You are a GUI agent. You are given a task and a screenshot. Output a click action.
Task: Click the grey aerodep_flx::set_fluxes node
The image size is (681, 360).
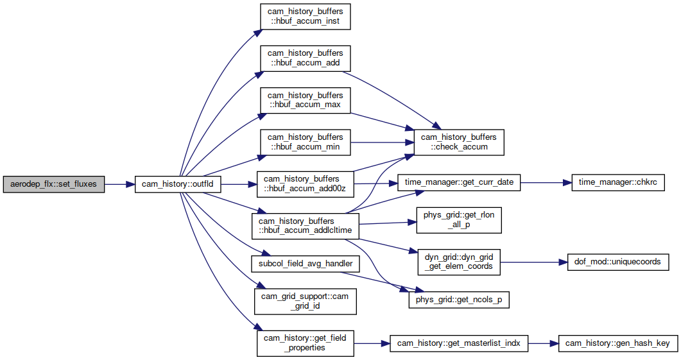(54, 185)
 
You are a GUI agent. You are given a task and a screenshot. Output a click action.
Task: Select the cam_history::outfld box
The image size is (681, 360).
(178, 185)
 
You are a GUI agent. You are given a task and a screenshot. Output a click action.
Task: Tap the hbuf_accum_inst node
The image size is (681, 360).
(306, 17)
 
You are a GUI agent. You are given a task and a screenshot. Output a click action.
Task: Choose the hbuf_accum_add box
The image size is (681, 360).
(306, 58)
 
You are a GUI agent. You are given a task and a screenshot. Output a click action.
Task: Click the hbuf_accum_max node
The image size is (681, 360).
(306, 100)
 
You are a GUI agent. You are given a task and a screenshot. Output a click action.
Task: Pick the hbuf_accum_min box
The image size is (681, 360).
(306, 142)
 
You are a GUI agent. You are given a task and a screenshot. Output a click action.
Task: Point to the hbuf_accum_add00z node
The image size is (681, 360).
(306, 184)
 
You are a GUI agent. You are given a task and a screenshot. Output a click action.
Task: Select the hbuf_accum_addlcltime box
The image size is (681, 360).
(306, 226)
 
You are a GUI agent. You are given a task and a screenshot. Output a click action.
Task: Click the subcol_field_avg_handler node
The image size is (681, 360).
(306, 264)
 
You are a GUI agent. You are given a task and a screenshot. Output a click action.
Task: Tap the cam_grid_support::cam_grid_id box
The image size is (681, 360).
(306, 302)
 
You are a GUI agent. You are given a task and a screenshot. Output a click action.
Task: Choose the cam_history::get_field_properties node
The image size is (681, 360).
(306, 343)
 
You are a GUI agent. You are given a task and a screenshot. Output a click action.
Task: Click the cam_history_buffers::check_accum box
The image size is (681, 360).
(459, 142)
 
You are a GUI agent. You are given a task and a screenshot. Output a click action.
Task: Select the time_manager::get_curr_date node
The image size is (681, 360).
(459, 182)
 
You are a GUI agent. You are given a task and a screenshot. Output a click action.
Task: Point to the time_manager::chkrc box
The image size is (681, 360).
(618, 182)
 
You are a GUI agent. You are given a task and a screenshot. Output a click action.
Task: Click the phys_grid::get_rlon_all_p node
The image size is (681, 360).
(459, 220)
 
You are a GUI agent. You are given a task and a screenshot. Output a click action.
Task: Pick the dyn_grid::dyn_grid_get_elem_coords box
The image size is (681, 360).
(459, 262)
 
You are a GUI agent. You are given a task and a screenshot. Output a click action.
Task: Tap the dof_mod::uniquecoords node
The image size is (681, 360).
(618, 262)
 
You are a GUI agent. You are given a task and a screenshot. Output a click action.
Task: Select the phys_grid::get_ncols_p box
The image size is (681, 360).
(459, 300)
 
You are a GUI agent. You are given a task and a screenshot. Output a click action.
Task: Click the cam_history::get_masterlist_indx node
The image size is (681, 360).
(459, 343)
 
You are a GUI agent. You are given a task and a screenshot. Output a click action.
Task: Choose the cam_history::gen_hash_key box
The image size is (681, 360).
(618, 343)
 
